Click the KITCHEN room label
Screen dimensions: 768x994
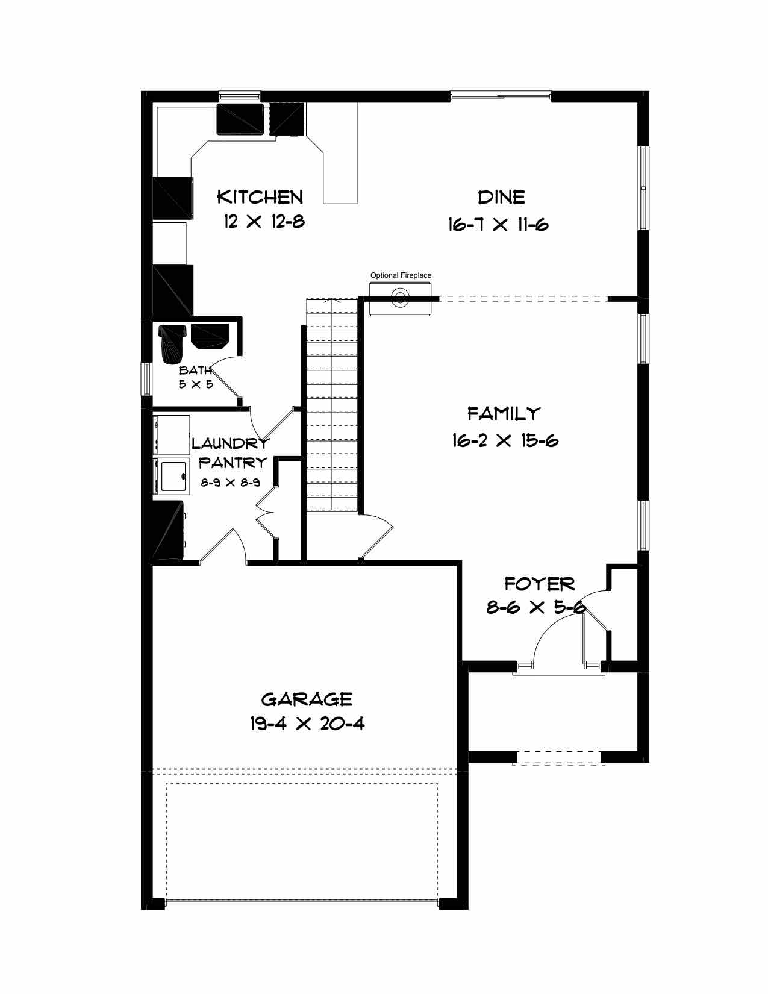point(260,197)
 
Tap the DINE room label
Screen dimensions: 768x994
point(501,197)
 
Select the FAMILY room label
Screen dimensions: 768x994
point(504,413)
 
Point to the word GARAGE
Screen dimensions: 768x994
point(307,699)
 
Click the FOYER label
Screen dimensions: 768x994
point(539,584)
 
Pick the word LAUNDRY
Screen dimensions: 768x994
point(231,443)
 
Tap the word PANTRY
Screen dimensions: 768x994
point(233,463)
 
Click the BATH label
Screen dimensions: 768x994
point(195,370)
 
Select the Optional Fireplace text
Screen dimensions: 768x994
point(401,275)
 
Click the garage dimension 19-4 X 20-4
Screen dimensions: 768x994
point(307,724)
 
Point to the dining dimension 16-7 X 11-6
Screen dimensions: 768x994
point(498,225)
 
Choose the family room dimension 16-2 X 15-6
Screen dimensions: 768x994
point(505,440)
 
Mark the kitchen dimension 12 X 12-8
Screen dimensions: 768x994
point(264,222)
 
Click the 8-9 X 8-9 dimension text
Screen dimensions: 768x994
point(231,482)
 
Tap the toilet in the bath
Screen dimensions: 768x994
point(172,343)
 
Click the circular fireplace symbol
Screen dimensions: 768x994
point(400,298)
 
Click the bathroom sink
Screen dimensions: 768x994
point(210,336)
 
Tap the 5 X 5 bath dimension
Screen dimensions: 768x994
point(196,384)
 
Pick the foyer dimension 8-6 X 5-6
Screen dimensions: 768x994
point(536,608)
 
